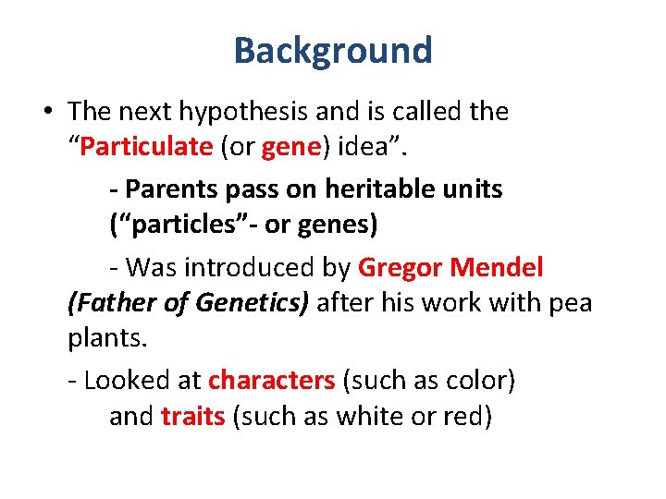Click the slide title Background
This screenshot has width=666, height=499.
[x=333, y=50]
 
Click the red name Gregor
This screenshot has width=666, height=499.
[x=400, y=268]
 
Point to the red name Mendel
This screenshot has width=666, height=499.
[x=497, y=268]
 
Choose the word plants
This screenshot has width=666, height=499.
[x=106, y=339]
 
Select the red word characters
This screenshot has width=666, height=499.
[x=271, y=380]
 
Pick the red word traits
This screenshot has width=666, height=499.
[x=192, y=417]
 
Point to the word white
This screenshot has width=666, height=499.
[x=367, y=417]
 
